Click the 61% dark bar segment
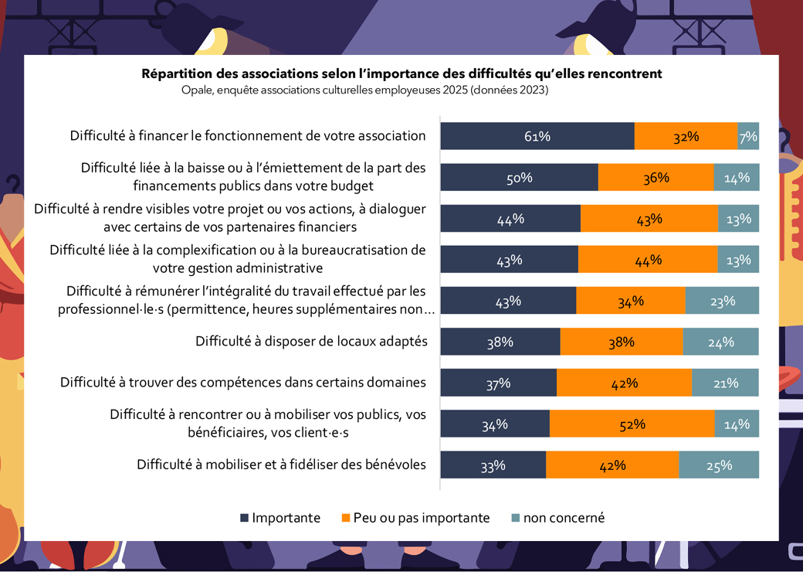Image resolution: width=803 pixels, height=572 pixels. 537,136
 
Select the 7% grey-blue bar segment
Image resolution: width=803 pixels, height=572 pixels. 748,136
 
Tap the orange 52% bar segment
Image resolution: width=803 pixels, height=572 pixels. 632,424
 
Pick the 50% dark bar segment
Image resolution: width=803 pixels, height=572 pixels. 519,177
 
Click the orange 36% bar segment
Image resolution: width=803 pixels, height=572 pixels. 656,177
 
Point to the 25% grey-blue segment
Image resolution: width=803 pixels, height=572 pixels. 719,465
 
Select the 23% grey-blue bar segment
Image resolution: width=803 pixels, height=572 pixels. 722,301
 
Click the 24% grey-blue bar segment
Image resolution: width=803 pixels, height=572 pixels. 720,342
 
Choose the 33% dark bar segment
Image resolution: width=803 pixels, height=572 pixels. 493,465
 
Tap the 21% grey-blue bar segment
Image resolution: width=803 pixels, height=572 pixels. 725,383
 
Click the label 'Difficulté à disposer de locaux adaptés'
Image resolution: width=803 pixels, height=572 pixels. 311,341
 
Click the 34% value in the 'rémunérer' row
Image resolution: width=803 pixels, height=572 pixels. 630,301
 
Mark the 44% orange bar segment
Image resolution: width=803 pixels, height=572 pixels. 647,260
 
